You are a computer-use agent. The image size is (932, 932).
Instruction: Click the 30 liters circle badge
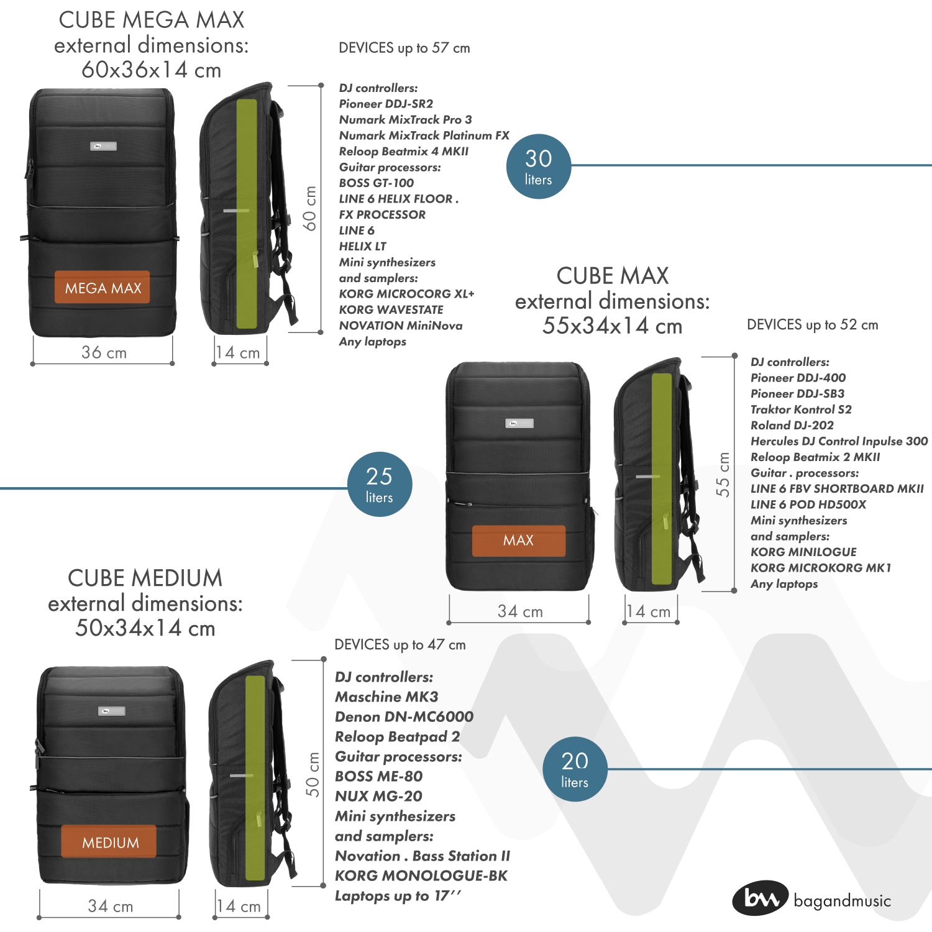pyautogui.click(x=538, y=167)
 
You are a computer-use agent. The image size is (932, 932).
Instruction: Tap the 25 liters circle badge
pyautogui.click(x=379, y=484)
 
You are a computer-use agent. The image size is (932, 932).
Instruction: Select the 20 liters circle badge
pyautogui.click(x=574, y=769)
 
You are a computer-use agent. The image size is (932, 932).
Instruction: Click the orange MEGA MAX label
pyautogui.click(x=103, y=288)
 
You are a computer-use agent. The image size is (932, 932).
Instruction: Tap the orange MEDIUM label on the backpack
pyautogui.click(x=109, y=842)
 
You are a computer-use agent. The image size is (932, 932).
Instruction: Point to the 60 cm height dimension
pyautogui.click(x=310, y=208)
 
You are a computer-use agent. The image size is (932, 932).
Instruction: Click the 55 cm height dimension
pyautogui.click(x=723, y=474)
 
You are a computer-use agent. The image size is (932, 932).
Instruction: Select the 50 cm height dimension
pyautogui.click(x=313, y=774)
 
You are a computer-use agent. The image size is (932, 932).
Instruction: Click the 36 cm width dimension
pyautogui.click(x=104, y=353)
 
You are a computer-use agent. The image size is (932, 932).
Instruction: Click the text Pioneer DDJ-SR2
pyautogui.click(x=386, y=104)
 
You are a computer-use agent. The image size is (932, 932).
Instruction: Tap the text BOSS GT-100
pyautogui.click(x=376, y=183)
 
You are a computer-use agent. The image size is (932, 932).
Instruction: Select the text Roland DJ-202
pyautogui.click(x=792, y=425)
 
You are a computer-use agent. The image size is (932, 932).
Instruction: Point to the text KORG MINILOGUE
pyautogui.click(x=803, y=552)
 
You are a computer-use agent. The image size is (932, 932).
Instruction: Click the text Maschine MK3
pyautogui.click(x=386, y=697)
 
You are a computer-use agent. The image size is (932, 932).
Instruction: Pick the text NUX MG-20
pyautogui.click(x=378, y=796)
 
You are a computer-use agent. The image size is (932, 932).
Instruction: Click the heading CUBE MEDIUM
pyautogui.click(x=145, y=578)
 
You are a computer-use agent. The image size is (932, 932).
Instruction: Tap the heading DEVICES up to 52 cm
pyautogui.click(x=812, y=324)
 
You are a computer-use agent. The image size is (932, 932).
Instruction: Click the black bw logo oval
pyautogui.click(x=760, y=898)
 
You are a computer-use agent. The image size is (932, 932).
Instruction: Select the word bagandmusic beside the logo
pyautogui.click(x=842, y=901)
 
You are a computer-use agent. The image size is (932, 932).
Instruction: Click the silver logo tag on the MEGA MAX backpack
pyautogui.click(x=103, y=146)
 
